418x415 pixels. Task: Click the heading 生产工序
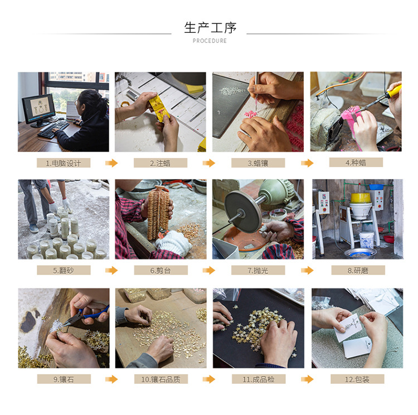(210, 27)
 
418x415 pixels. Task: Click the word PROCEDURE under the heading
(210, 41)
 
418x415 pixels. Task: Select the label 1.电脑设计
(64, 163)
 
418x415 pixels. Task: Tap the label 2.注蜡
(161, 163)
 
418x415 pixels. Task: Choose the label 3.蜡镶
(257, 163)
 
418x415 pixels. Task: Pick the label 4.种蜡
(356, 162)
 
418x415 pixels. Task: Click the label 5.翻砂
(64, 270)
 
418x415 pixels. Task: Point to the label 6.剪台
(161, 270)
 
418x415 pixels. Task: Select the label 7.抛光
(257, 270)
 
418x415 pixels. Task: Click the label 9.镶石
(64, 379)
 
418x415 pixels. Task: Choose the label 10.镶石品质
(161, 379)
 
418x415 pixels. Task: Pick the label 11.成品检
(257, 379)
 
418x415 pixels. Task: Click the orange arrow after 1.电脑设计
(111, 163)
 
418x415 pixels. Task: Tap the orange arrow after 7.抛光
(307, 270)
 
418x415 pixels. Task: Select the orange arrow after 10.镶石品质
(209, 379)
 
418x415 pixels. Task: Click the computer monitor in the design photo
(39, 109)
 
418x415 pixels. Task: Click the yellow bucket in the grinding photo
(361, 197)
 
